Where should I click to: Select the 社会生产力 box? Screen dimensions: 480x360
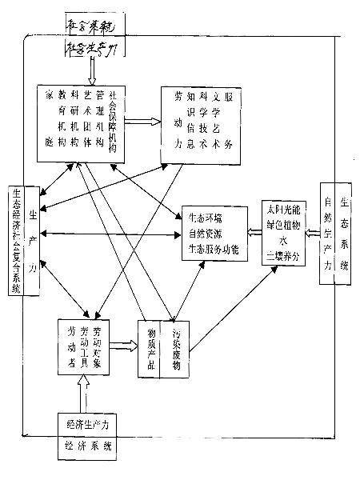[x=94, y=50]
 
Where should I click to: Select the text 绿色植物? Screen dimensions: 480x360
[x=282, y=224]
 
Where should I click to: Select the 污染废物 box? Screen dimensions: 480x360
[x=178, y=349]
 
